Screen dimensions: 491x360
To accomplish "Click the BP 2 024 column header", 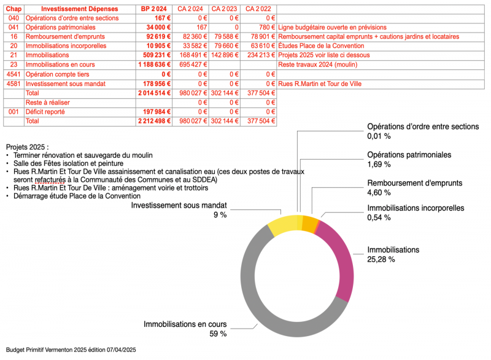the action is coord(154,9).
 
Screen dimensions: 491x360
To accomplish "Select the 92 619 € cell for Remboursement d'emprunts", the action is coord(158,37).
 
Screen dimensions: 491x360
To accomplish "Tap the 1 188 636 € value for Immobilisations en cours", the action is coord(155,65).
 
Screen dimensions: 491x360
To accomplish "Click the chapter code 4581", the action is coord(14,84).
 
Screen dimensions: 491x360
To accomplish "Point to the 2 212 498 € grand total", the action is coord(155,121).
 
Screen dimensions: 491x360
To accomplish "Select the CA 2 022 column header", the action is coord(258,9).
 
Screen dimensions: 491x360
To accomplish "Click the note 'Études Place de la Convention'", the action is coord(321,46).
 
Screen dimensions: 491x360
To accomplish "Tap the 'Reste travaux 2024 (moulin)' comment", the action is coord(317,65).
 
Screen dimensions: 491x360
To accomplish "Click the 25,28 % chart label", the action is coord(381,259).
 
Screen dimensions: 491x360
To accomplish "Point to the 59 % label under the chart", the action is coord(218,334).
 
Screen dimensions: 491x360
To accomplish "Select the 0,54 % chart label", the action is coord(379,217).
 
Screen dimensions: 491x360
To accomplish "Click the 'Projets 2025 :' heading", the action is coord(27,147).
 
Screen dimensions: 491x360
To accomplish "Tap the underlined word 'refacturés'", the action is coord(50,180).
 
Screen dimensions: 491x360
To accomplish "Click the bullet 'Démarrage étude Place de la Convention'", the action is coord(77,196).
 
